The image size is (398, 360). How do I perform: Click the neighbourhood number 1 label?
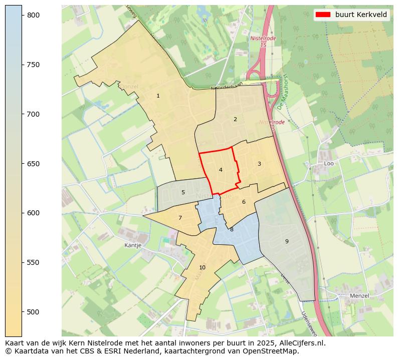158,96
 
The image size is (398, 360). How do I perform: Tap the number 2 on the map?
235,119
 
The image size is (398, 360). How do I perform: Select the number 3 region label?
259,164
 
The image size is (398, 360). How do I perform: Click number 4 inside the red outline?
221,170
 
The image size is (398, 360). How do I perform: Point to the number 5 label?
183,192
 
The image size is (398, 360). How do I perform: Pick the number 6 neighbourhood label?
244,202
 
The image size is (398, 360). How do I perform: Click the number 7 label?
180,218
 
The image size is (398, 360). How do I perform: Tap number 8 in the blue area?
232,229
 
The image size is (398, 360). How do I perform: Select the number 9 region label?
287,241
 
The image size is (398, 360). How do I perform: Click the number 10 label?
202,267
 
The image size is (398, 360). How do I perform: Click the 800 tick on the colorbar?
33,16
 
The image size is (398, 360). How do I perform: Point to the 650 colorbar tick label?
33,164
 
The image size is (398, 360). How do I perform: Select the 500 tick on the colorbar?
33,312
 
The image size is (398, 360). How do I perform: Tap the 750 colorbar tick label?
33,65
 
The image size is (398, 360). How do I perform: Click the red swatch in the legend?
324,15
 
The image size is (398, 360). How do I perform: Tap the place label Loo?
329,164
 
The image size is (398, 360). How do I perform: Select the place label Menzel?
359,296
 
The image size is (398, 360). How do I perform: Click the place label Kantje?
133,246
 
